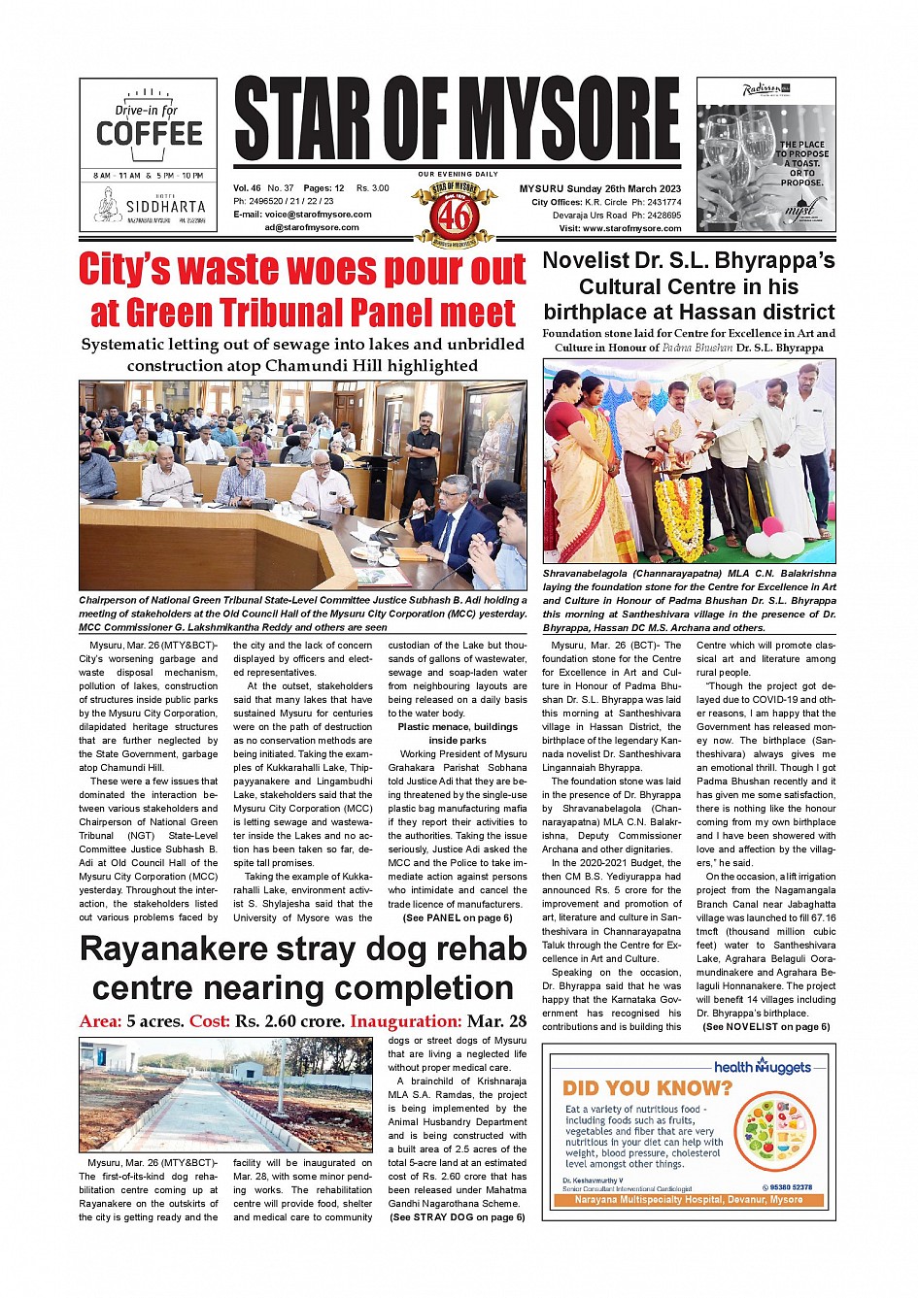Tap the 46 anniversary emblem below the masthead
455,215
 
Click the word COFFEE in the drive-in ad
150,134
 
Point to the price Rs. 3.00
372,188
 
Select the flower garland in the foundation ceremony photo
678,505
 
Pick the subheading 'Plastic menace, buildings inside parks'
457,733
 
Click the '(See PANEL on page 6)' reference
457,917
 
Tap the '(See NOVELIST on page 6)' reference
765,1026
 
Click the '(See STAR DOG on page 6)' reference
457,1216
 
